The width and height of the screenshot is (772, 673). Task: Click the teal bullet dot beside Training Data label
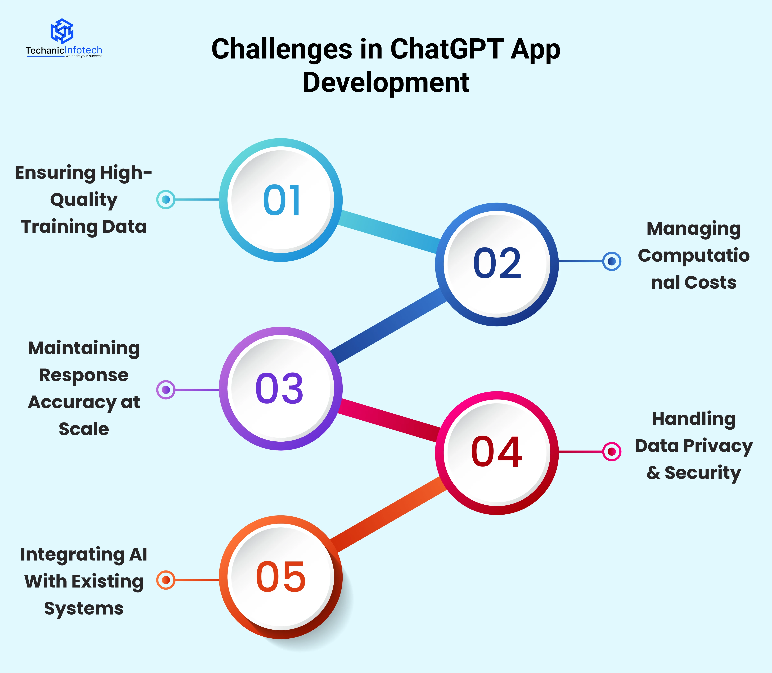pos(166,199)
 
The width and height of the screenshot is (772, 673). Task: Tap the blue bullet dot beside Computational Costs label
pos(612,261)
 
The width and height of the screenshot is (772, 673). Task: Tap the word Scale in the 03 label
pos(84,429)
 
